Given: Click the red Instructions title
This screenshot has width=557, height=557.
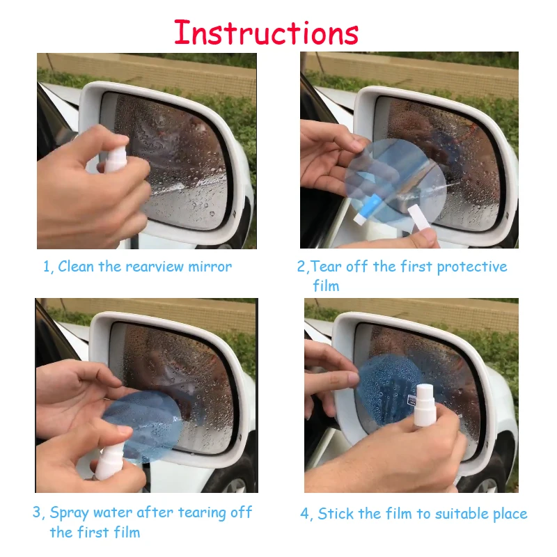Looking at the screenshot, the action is (267, 33).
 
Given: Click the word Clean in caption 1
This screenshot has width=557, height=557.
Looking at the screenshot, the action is (76, 267).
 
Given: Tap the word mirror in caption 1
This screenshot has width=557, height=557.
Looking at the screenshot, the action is (210, 267).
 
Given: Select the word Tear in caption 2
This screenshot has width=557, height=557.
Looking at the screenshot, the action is (326, 267).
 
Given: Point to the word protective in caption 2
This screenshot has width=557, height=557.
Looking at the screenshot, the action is (472, 267).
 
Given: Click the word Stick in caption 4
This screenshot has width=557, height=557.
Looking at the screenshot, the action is (336, 514).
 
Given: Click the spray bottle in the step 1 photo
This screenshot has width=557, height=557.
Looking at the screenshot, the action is (116, 161).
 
